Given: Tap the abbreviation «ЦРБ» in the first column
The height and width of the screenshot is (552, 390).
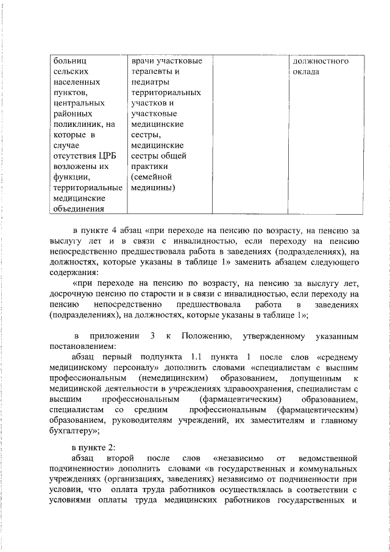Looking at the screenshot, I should [105, 154].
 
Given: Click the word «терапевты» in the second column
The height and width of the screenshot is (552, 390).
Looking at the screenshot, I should [151, 71].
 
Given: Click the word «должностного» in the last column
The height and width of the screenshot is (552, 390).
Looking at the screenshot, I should [321, 61].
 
